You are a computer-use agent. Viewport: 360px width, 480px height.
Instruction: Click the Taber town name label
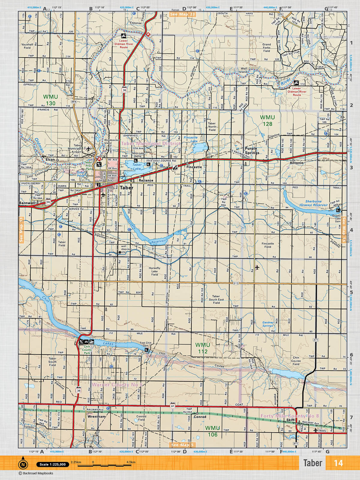[126, 188]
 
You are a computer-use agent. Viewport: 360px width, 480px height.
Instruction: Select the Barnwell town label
[27, 203]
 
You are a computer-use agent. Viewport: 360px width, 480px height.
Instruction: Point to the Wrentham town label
[96, 416]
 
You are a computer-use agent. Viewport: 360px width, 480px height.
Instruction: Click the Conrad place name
[200, 417]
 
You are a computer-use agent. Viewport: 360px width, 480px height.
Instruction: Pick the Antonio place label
[296, 163]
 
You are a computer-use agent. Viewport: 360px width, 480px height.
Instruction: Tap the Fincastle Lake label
[191, 139]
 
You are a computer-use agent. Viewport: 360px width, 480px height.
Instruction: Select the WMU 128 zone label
[267, 121]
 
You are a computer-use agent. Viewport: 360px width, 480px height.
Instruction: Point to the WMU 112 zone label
[202, 348]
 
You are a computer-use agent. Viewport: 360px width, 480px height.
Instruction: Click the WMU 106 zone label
[212, 431]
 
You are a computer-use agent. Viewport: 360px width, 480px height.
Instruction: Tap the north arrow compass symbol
[22, 464]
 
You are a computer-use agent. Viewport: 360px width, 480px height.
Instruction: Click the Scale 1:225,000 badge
[52, 464]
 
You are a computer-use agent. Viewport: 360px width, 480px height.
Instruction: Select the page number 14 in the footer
[338, 463]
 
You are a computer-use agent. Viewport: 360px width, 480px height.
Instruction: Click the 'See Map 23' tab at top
[182, 14]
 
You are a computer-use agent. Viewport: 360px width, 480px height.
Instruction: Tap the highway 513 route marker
[236, 283]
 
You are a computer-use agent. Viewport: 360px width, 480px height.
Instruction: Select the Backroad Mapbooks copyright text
[36, 473]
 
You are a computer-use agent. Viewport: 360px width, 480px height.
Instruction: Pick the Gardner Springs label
[268, 324]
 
